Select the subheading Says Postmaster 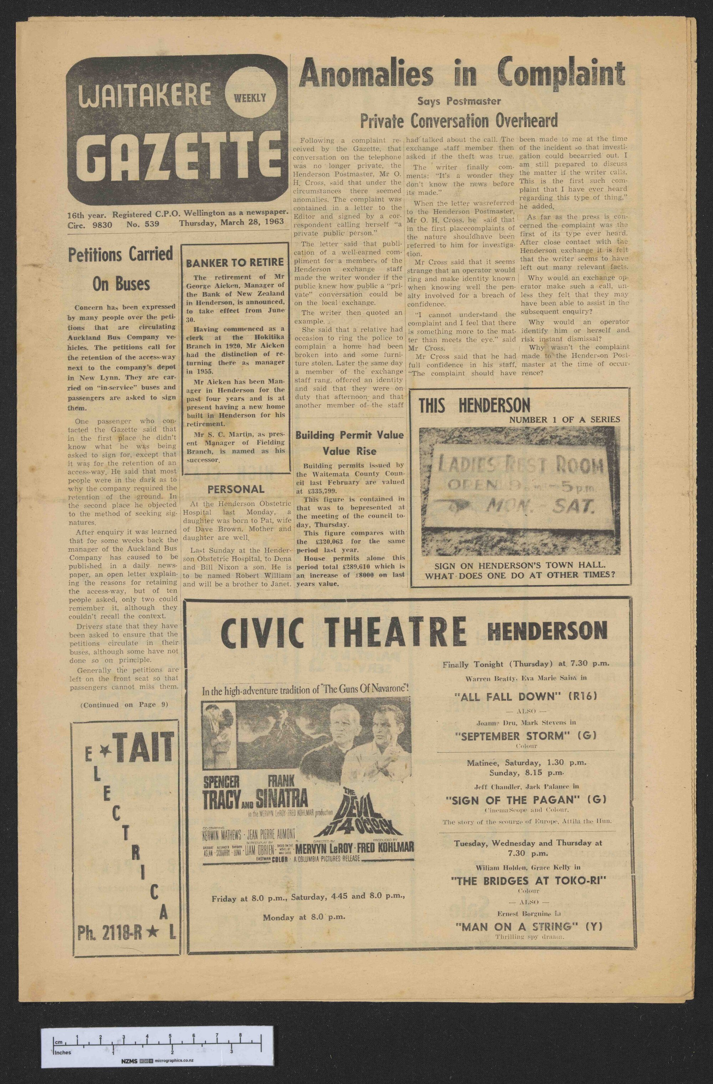tap(458, 101)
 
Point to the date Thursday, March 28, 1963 tap(231, 222)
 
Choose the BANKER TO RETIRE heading tap(235, 262)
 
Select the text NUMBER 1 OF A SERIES tap(565, 419)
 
